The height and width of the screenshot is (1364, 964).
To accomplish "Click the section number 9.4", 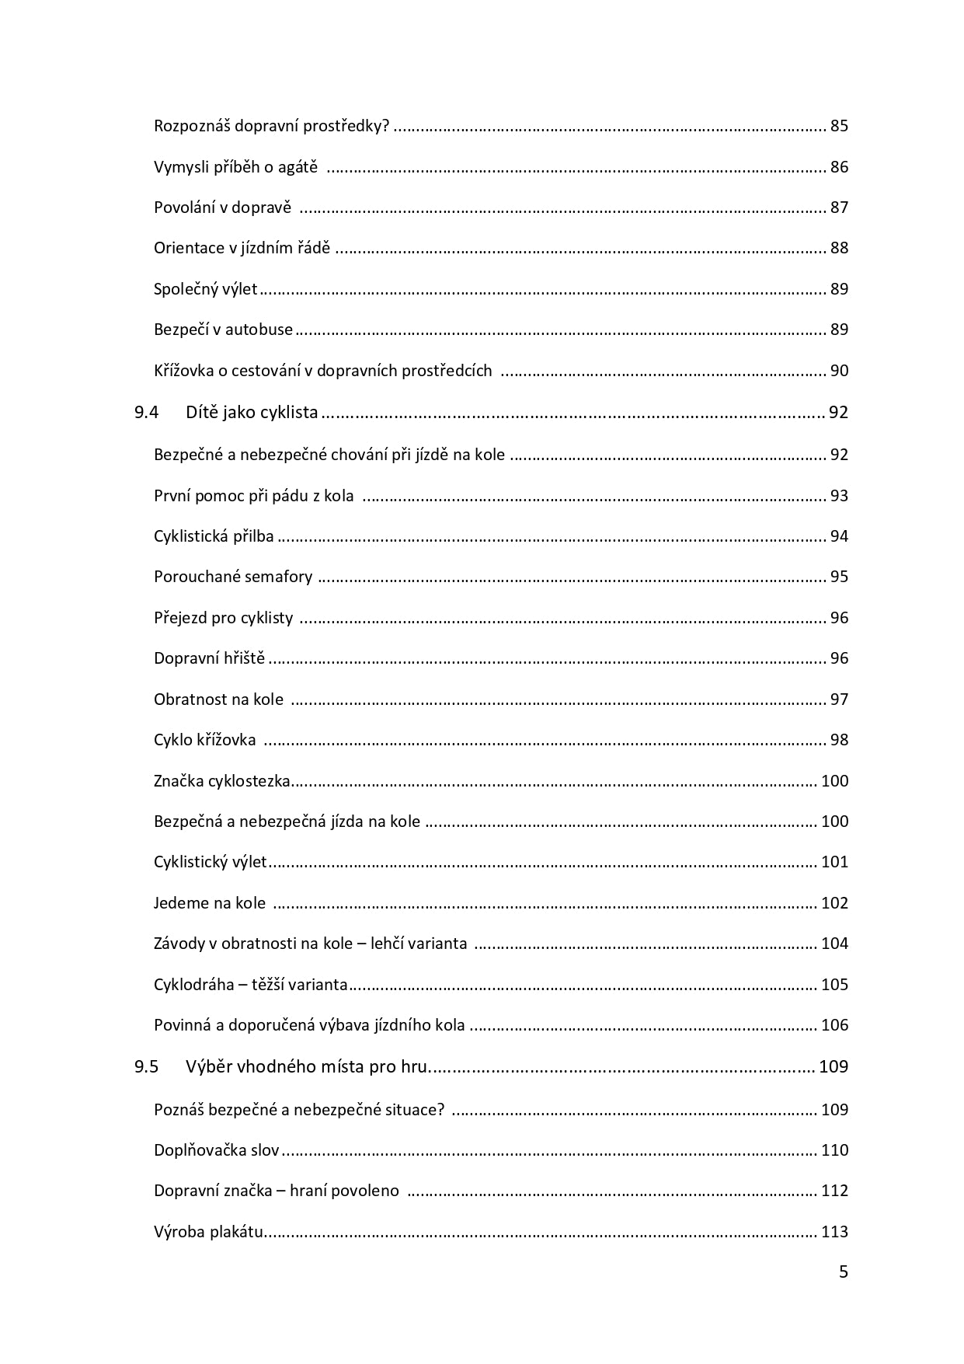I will click(x=146, y=413).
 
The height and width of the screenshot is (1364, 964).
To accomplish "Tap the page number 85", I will click(x=839, y=126).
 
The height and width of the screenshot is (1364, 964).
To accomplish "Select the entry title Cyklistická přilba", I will click(x=214, y=536).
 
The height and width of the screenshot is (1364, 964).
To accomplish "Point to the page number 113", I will click(x=834, y=1232).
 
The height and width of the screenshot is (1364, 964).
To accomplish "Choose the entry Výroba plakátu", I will click(x=209, y=1232).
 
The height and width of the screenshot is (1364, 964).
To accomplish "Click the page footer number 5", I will click(x=844, y=1272).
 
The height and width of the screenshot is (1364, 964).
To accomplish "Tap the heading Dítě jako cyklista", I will click(x=252, y=413).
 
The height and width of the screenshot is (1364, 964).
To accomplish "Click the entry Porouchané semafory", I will click(x=233, y=577).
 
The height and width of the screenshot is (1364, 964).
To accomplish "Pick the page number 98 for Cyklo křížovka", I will click(x=839, y=740).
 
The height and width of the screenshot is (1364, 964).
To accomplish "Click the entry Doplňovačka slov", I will click(x=216, y=1150).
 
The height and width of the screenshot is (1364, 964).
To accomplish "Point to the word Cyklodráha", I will click(x=193, y=985).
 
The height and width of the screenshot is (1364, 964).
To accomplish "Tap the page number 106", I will click(x=834, y=1025).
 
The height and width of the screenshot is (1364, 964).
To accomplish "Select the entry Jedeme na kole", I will click(x=210, y=903).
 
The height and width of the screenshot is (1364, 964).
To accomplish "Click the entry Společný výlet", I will click(x=205, y=289).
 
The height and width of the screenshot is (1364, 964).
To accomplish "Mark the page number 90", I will click(x=839, y=371).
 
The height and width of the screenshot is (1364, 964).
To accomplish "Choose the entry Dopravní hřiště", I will click(x=209, y=658).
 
